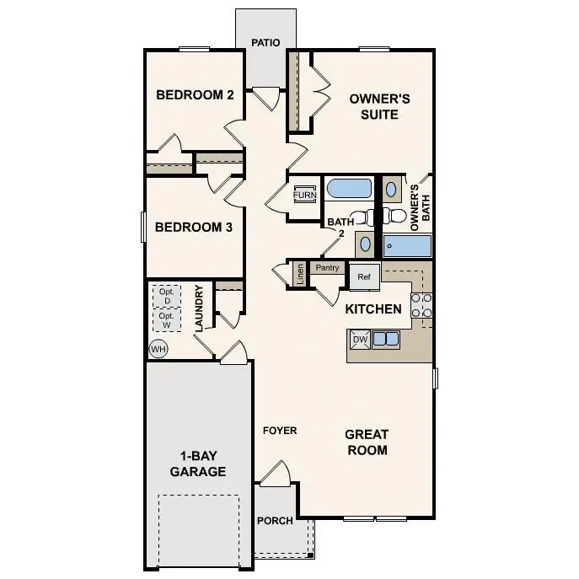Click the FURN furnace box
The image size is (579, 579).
point(304,195)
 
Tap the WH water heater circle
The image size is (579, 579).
point(158,349)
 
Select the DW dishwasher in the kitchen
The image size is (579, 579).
point(360,340)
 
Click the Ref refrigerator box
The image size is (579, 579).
point(364,276)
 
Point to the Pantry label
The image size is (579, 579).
point(327,268)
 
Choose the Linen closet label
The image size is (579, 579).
point(299,274)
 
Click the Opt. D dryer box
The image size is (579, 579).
point(167,297)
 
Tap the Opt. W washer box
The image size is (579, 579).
point(167,320)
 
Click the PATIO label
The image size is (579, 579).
point(265,43)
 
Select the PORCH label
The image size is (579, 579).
point(275,520)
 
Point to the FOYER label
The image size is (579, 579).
point(280,431)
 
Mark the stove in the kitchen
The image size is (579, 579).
point(421,308)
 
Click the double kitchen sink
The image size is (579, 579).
point(386,340)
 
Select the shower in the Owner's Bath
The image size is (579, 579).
point(408,246)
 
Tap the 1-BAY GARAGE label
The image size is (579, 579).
point(198,464)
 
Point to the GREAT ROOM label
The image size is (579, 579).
point(367,442)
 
